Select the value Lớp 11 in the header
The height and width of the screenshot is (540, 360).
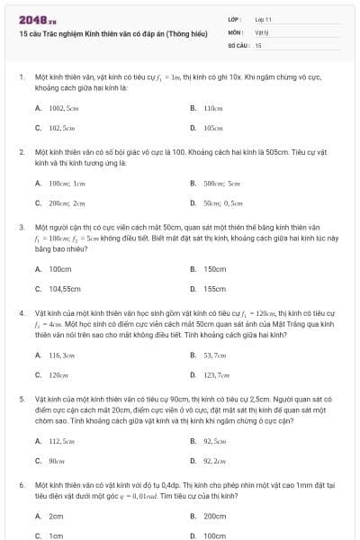coord(264,18)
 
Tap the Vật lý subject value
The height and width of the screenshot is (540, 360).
coord(262,31)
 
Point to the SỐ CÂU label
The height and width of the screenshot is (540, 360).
coord(237,44)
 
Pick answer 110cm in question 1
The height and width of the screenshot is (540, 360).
coord(212,107)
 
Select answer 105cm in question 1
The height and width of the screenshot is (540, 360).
coord(212,128)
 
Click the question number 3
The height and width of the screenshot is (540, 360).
coord(21,229)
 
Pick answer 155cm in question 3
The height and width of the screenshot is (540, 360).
coord(214,289)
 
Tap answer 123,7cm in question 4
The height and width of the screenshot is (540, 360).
coord(216,374)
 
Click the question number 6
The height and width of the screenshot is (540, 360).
coord(21,484)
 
